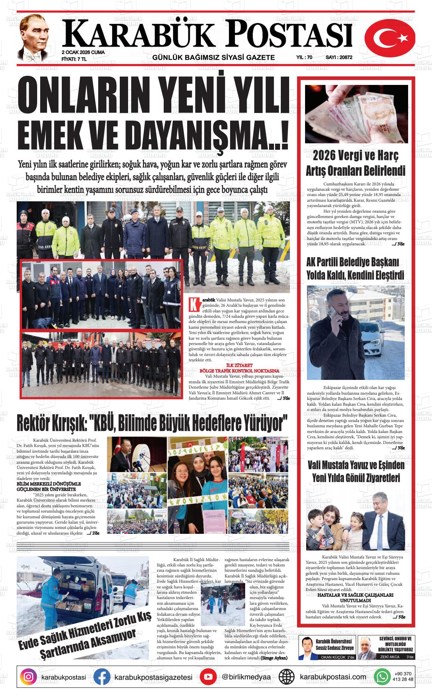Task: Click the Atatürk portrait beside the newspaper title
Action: pyautogui.click(x=35, y=38)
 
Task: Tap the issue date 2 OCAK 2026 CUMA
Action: pyautogui.click(x=83, y=52)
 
